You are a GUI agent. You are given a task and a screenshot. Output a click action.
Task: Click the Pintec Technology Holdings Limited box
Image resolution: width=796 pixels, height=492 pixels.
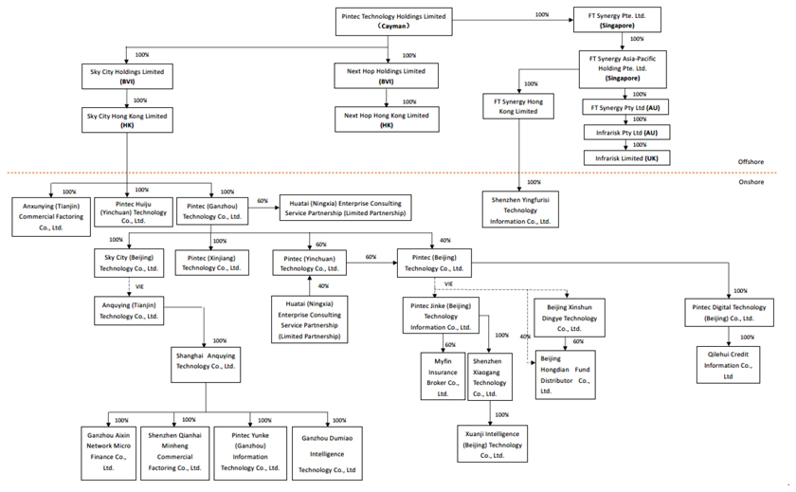405,21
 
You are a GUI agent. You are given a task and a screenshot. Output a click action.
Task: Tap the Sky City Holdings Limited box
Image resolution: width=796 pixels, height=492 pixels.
126,76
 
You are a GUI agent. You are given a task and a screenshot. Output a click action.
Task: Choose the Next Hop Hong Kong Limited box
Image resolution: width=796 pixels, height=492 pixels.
386,119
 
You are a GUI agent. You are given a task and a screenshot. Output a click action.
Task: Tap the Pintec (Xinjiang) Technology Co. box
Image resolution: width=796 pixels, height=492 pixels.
212,262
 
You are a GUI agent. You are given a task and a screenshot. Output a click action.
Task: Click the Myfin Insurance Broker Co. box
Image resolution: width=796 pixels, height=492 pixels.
443,376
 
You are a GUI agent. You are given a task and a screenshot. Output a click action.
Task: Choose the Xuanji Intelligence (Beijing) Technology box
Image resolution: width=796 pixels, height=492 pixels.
492,444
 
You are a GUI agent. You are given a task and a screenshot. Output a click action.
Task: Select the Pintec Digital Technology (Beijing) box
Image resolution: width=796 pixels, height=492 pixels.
729,313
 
